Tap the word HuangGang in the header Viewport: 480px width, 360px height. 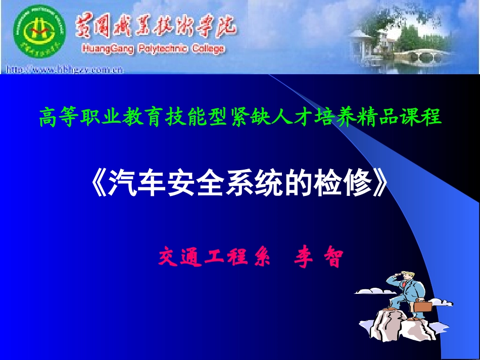tap(103, 49)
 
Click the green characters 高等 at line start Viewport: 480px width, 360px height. tap(55, 118)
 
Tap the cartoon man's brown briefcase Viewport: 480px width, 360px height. tap(422, 305)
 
